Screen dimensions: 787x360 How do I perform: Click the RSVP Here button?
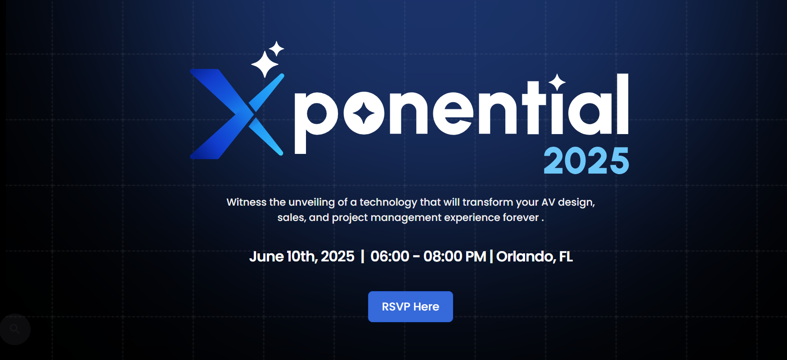point(410,306)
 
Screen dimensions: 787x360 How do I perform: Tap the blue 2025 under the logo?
point(586,161)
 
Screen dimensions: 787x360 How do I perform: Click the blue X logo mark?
point(237,114)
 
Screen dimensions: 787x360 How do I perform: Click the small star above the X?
point(277,49)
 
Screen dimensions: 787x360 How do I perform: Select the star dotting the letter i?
point(557,82)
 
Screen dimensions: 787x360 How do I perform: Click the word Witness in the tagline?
point(246,202)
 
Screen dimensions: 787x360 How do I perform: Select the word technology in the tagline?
point(388,202)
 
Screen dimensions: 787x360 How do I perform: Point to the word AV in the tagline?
point(548,202)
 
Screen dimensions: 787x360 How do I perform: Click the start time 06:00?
point(390,256)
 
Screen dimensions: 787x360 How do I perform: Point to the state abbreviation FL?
point(566,256)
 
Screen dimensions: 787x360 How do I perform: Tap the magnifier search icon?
point(15,329)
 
